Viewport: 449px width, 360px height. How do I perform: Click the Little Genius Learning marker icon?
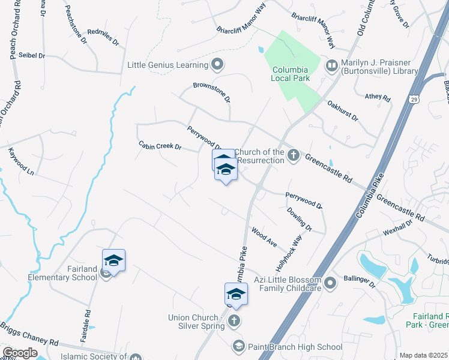tap(218, 64)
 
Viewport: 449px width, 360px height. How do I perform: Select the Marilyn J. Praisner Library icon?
tap(331, 64)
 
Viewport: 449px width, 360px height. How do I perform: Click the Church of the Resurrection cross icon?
tap(294, 156)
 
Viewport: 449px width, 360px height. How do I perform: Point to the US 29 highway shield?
tap(414, 99)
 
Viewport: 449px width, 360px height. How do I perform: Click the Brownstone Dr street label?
tap(212, 92)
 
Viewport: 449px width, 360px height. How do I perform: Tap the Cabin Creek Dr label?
tap(160, 146)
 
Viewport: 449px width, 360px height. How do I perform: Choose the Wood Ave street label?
tap(264, 237)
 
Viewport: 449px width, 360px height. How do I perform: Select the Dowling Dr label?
tap(300, 218)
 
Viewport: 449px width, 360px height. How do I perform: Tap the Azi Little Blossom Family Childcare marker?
tap(330, 281)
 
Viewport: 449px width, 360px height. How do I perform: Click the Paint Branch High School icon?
tap(238, 347)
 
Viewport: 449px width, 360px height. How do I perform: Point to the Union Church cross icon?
tap(234, 321)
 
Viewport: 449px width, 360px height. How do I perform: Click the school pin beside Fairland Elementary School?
tap(113, 261)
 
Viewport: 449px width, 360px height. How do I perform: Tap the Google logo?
tap(20, 353)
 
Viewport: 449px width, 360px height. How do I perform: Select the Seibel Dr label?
tap(32, 55)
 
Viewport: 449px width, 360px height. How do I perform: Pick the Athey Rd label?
tap(378, 97)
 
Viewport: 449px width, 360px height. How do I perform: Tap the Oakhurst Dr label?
tap(343, 110)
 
